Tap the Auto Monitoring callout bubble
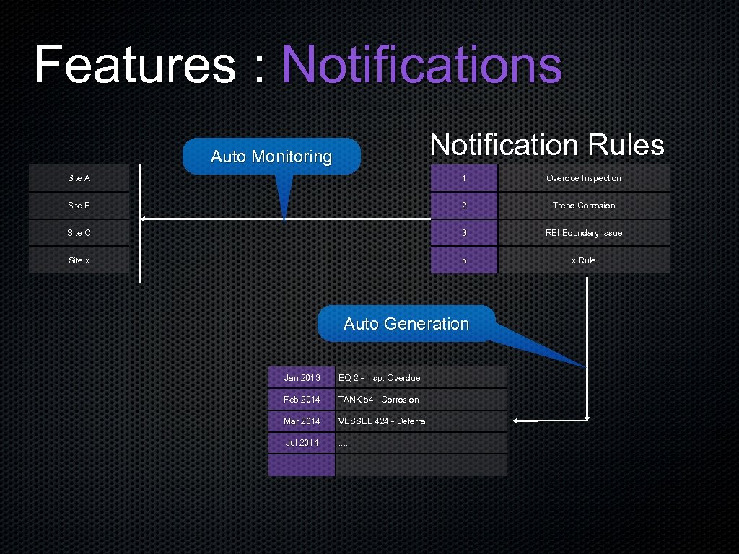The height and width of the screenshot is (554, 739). tap(271, 157)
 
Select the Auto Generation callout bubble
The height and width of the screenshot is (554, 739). tap(406, 324)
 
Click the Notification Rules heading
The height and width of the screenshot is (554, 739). tap(547, 145)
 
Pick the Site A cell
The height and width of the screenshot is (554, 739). tap(79, 178)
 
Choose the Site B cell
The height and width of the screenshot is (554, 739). tap(79, 206)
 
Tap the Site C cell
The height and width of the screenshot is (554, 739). tap(79, 233)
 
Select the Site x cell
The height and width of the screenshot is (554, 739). tap(79, 260)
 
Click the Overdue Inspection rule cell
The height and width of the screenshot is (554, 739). tap(584, 178)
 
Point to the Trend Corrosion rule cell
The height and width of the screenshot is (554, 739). tap(584, 206)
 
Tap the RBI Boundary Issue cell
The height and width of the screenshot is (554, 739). tap(584, 233)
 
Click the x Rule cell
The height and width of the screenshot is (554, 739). tap(584, 260)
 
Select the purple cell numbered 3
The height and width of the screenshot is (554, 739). tap(464, 233)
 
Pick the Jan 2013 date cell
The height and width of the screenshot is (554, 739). tap(302, 378)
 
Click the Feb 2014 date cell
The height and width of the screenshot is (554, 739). tap(302, 400)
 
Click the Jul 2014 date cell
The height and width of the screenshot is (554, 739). tap(302, 443)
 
